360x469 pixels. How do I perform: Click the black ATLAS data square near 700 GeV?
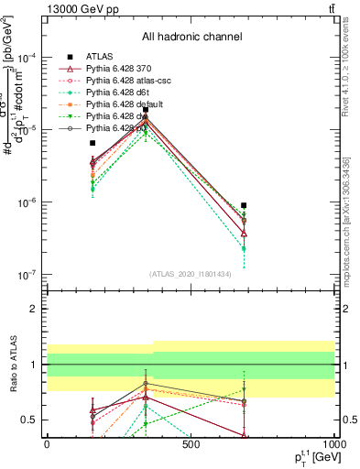[244, 206]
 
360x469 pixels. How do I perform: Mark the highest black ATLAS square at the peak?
[145, 110]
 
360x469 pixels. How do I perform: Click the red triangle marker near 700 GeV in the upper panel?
[244, 233]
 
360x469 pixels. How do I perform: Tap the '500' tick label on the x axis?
[191, 445]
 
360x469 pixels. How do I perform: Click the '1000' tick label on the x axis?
[333, 445]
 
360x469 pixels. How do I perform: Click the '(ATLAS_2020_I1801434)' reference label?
[189, 274]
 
